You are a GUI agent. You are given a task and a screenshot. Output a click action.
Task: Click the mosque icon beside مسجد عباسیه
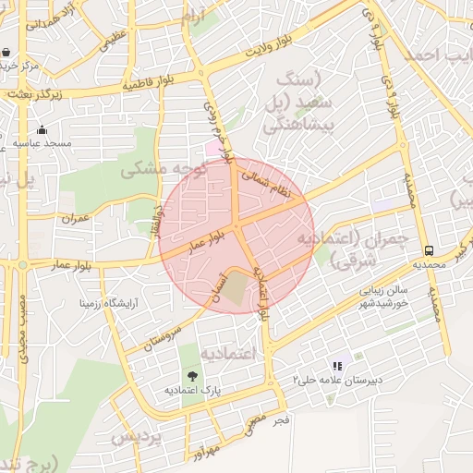[x=42, y=129]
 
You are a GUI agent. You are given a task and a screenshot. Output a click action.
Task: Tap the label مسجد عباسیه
[x=42, y=144]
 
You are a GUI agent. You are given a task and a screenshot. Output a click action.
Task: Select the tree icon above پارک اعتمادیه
[x=191, y=376]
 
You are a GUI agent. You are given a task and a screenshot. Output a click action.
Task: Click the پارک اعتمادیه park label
[x=190, y=391]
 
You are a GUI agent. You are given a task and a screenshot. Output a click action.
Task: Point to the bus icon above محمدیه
[x=429, y=250]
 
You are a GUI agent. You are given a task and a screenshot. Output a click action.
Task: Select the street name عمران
[x=75, y=219]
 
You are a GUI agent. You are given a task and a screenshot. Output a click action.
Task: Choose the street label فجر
[x=282, y=419]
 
